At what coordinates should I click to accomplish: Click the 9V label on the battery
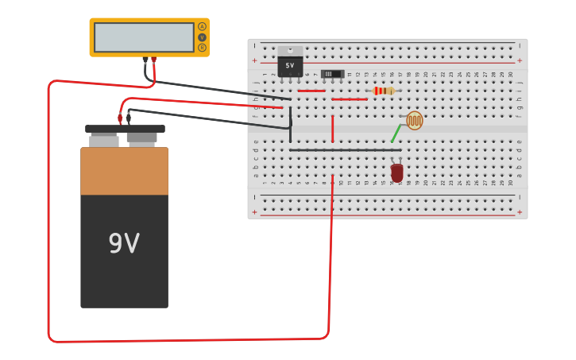pyautogui.click(x=124, y=243)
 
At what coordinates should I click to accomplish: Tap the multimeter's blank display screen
pyautogui.click(x=144, y=37)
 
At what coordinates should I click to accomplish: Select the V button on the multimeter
pyautogui.click(x=202, y=37)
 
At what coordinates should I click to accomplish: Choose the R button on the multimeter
pyautogui.click(x=202, y=48)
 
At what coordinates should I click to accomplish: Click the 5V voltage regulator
pyautogui.click(x=289, y=66)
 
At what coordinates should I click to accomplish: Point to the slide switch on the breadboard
pyautogui.click(x=332, y=74)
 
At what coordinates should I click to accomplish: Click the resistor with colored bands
pyautogui.click(x=383, y=91)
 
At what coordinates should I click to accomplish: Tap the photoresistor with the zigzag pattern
pyautogui.click(x=415, y=121)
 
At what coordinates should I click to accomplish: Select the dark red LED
pyautogui.click(x=397, y=172)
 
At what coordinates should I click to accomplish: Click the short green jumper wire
pyautogui.click(x=396, y=133)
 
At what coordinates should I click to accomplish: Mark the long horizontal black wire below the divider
pyautogui.click(x=345, y=149)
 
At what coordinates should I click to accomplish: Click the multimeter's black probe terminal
pyautogui.click(x=145, y=60)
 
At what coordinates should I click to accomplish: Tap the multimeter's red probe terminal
pyautogui.click(x=153, y=60)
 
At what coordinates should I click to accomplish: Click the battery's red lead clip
pyautogui.click(x=120, y=118)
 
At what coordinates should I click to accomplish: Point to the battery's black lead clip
pyautogui.click(x=129, y=118)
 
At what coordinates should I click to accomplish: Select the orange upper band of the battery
pyautogui.click(x=124, y=171)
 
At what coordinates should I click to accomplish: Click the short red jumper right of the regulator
pyautogui.click(x=311, y=91)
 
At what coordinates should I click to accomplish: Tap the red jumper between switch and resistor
pyautogui.click(x=350, y=99)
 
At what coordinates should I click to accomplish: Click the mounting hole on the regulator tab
pyautogui.click(x=290, y=51)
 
